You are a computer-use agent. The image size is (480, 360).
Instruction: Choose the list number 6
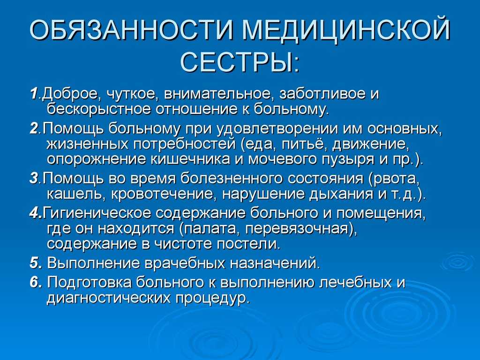pyautogui.click(x=34, y=282)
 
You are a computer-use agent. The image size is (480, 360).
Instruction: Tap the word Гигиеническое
pyautogui.click(x=97, y=213)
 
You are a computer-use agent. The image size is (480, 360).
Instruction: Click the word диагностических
pyautogui.click(x=108, y=298)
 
